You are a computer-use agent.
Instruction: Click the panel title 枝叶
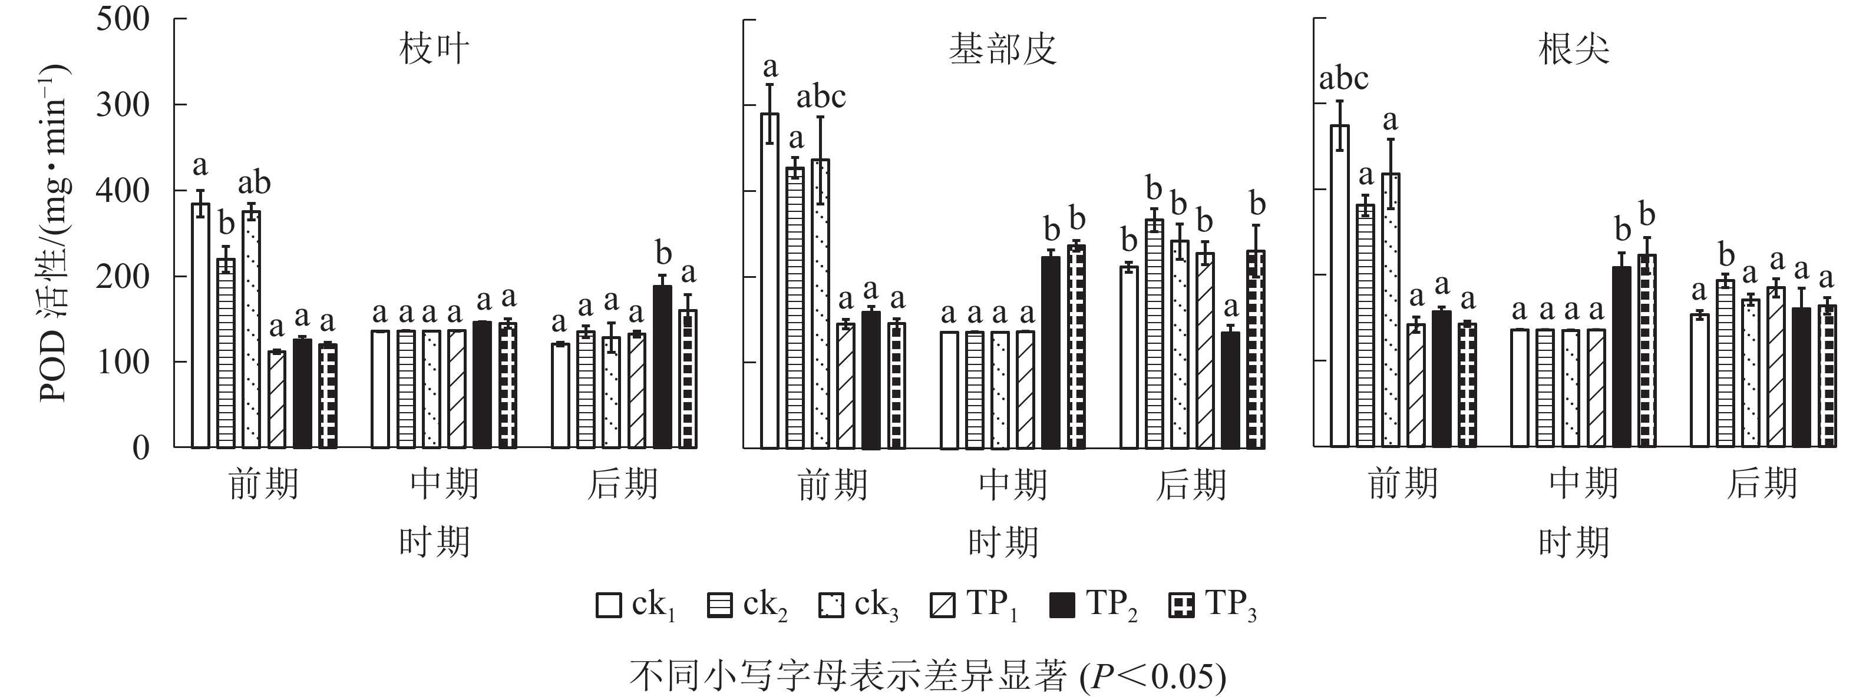434,49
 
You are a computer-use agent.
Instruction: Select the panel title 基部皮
1002,49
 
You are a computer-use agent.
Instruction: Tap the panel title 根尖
1574,49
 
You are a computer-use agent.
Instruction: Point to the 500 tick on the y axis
123,19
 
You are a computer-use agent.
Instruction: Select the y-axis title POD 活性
55,232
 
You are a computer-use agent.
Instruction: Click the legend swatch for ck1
609,605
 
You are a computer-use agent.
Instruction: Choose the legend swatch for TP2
1062,605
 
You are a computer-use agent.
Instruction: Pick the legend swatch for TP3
1181,605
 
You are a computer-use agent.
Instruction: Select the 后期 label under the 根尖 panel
1762,484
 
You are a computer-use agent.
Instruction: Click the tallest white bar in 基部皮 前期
770,281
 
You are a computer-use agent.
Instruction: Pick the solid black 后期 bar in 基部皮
1231,390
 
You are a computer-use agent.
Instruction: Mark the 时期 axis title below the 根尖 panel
1574,542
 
